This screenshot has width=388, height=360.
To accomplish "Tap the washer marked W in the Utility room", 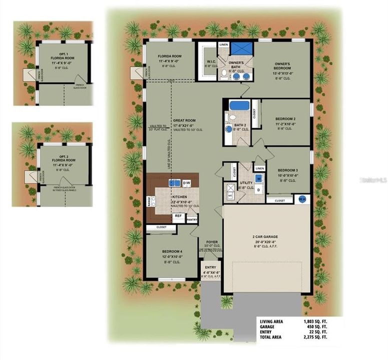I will pos(259,178).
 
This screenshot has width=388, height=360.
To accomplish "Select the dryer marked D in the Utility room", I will pos(259,190).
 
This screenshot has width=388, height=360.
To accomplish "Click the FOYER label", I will pos(212,242).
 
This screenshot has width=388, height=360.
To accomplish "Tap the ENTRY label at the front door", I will pos(210,267).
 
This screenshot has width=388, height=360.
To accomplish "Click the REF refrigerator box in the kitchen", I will pos(178,216).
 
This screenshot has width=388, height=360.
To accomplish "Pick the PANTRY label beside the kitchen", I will pos(192,219).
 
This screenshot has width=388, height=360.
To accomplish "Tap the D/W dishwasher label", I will pos(187,183).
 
